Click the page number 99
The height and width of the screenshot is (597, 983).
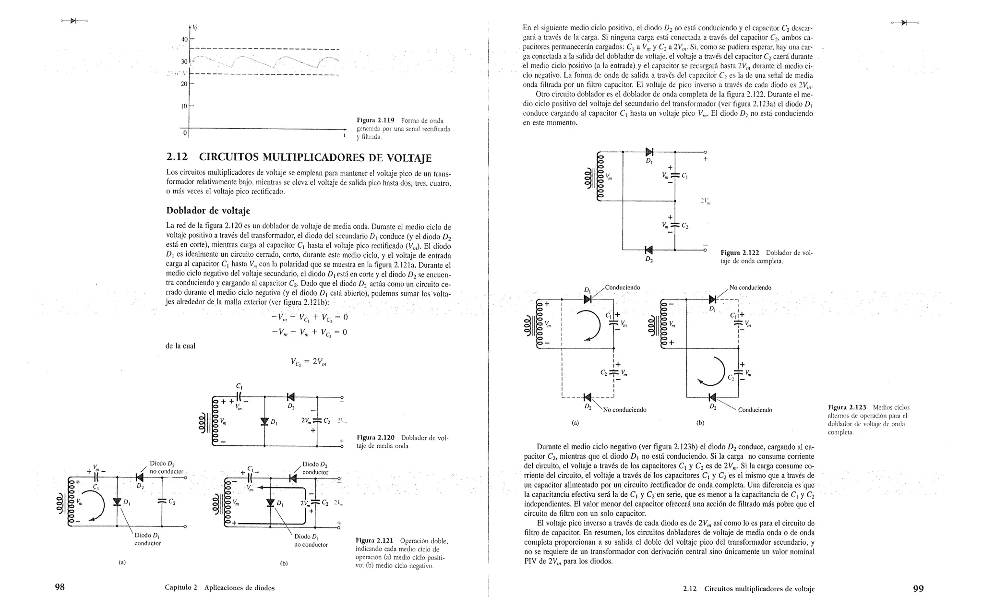coord(918,588)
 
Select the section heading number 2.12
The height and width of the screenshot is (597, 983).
coord(177,157)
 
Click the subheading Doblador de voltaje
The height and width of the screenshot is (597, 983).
coord(208,211)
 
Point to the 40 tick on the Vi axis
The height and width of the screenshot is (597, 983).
coord(184,39)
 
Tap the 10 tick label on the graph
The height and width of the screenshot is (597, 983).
coord(184,106)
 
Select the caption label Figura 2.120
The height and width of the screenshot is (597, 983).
coord(375,438)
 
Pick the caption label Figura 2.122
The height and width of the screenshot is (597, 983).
coord(740,253)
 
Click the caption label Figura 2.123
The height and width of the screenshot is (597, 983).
coord(847,407)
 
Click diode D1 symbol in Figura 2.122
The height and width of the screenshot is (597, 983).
coord(649,152)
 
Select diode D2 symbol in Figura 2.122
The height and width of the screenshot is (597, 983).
coord(649,250)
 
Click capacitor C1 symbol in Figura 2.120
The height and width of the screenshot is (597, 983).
coord(239,397)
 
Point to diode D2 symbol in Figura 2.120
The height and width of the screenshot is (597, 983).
coord(290,397)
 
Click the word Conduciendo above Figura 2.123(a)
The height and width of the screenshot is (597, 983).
coord(623,287)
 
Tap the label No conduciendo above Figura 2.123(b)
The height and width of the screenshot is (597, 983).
coord(750,287)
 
